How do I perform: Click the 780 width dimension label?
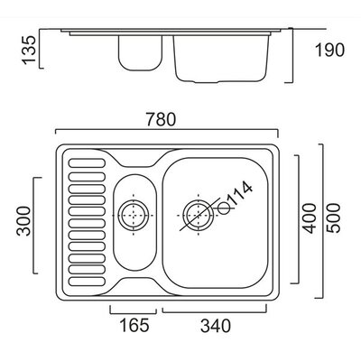[161, 119]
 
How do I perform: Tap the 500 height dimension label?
[334, 218]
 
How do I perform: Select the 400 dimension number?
[310, 218]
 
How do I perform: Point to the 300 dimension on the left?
[23, 221]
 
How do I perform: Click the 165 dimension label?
[134, 325]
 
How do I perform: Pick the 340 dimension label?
[216, 326]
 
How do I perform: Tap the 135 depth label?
[29, 50]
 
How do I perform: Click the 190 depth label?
[329, 51]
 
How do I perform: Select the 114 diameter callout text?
[239, 194]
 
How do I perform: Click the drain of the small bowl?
[134, 216]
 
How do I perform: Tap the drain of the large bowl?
[199, 216]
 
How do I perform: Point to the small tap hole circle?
[224, 208]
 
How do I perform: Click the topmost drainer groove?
[87, 163]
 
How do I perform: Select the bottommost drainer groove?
[87, 282]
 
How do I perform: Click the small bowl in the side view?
[140, 53]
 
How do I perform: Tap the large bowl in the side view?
[221, 59]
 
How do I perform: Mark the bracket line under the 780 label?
[167, 130]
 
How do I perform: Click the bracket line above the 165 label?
[134, 313]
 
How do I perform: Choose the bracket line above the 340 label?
[215, 312]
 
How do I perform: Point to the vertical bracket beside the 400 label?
[299, 219]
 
